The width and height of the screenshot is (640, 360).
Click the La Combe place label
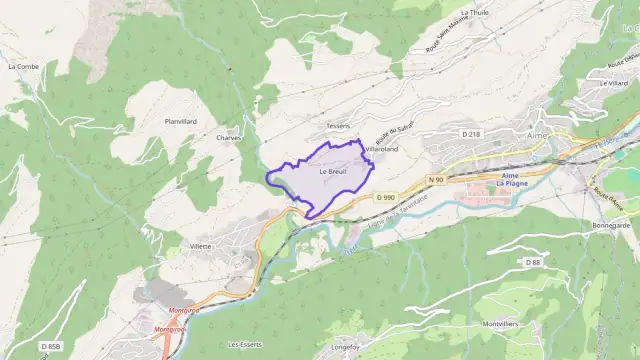tap(22, 67)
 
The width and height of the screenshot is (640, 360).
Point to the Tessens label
tap(338, 126)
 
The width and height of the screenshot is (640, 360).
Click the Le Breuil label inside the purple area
tap(332, 171)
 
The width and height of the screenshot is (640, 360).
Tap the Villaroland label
tap(381, 149)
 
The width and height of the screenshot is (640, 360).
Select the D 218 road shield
tap(471, 133)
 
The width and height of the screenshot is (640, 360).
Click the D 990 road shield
tap(387, 197)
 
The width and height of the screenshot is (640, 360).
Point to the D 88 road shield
tap(533, 261)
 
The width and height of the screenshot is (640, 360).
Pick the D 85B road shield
tap(51, 346)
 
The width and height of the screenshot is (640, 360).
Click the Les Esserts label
tap(244, 344)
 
